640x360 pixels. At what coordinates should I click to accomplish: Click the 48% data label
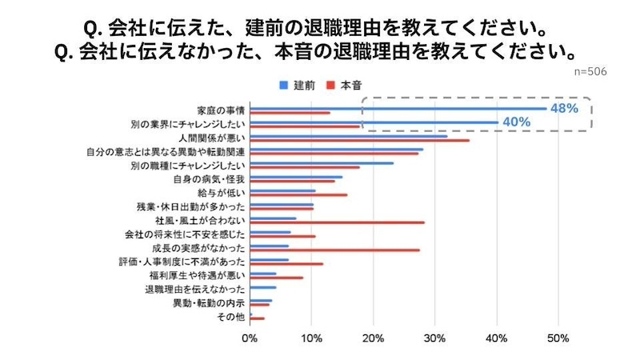[562, 108]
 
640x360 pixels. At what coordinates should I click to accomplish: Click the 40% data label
[515, 122]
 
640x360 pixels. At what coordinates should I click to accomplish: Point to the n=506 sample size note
[590, 71]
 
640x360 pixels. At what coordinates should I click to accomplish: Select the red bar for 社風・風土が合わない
[337, 222]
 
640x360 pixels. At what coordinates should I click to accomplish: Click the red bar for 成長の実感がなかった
[334, 250]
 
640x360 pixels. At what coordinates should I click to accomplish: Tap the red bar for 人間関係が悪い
[359, 140]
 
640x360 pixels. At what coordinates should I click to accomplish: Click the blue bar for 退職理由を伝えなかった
[263, 286]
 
